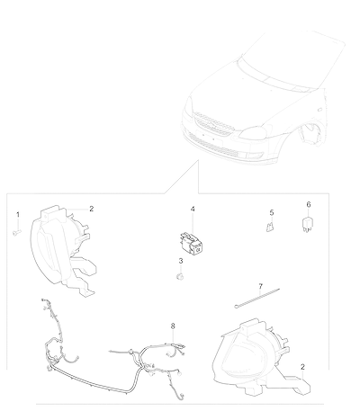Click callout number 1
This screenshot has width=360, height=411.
[x=18, y=215]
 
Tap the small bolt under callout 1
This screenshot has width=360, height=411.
[x=17, y=232]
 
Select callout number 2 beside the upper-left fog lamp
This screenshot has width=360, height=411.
[x=92, y=209]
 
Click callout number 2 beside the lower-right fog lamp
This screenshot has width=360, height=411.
[x=302, y=367]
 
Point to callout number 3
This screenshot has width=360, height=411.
[x=181, y=261]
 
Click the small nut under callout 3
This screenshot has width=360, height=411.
[x=180, y=276]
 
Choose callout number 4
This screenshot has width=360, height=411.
[x=193, y=209]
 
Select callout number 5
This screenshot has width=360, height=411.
[x=272, y=212]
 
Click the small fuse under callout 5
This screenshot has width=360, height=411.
[x=270, y=227]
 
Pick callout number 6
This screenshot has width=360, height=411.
[x=309, y=204]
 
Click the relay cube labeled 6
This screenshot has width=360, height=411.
[x=306, y=225]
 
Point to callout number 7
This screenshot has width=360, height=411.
[x=260, y=286]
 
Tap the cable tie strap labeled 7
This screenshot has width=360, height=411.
[x=256, y=299]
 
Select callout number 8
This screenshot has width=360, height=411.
[x=173, y=326]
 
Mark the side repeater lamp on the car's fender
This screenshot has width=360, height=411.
[x=319, y=109]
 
